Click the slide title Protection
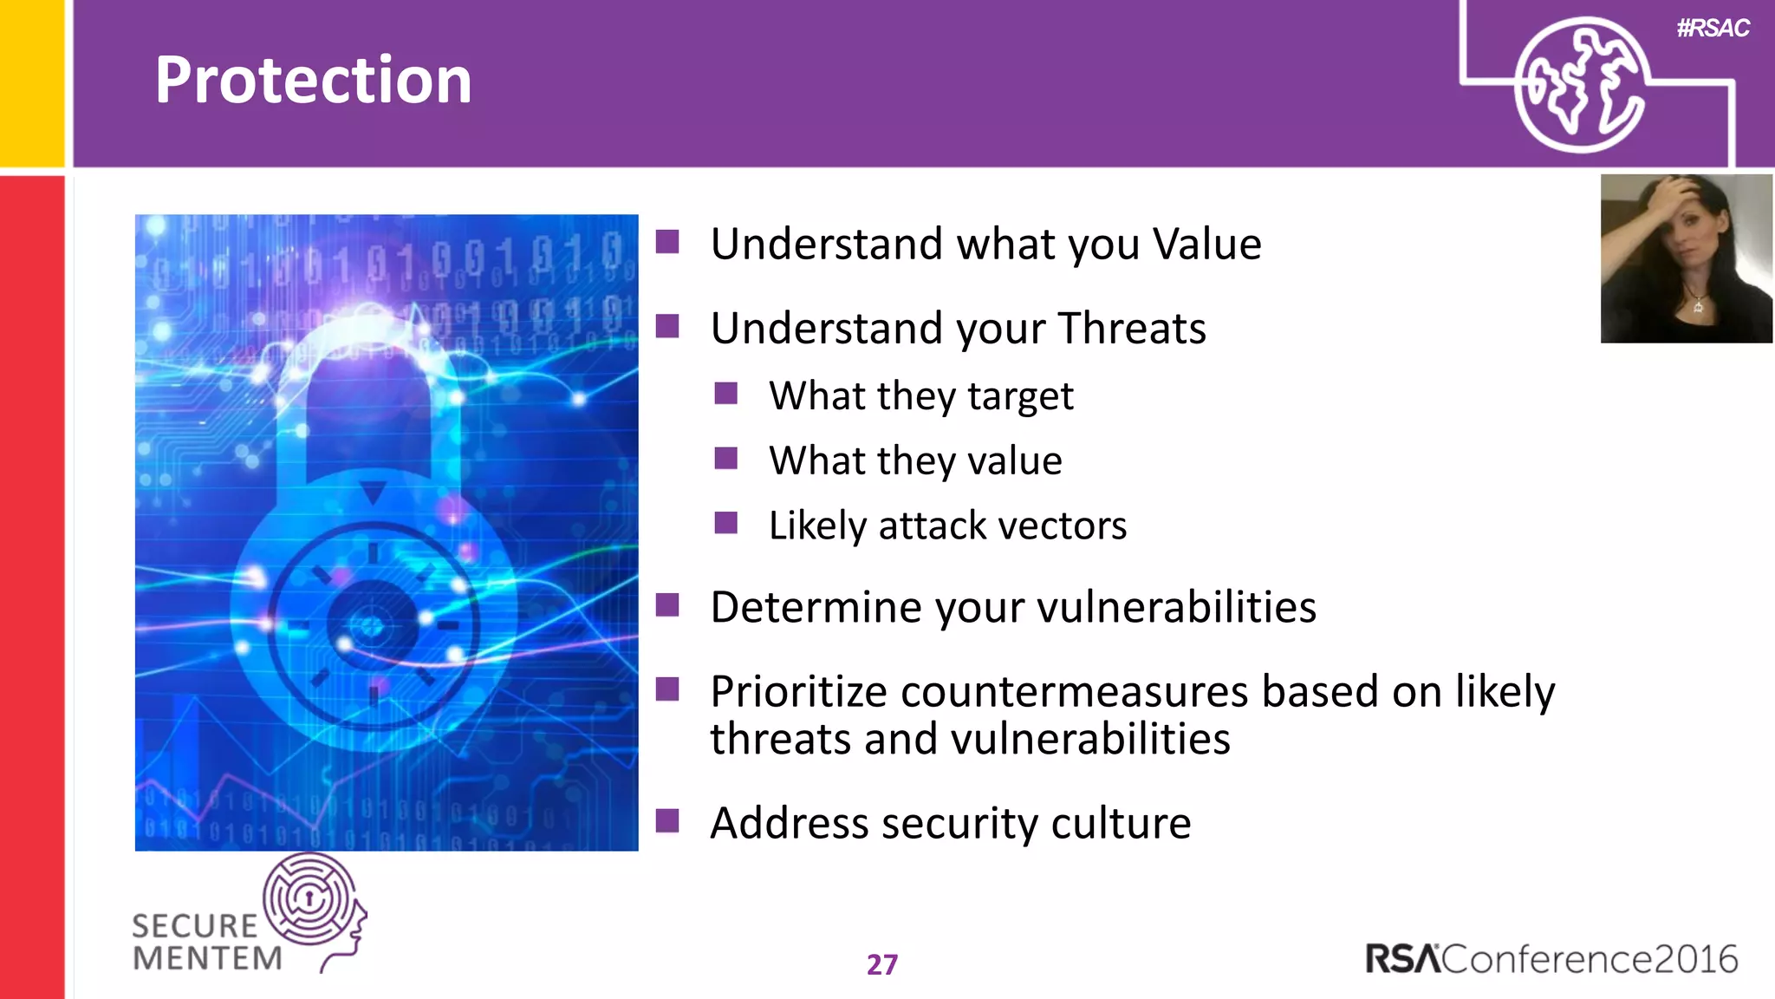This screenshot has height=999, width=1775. tap(313, 80)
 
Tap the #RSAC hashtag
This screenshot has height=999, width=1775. tap(1713, 29)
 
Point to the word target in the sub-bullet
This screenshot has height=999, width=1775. tap(1020, 397)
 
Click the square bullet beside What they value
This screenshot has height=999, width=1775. tap(726, 458)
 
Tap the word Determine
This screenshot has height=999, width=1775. tap(816, 607)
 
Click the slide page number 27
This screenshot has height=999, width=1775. tap(881, 964)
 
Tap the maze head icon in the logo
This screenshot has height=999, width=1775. tap(311, 899)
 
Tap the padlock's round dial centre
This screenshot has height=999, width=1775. tap(373, 624)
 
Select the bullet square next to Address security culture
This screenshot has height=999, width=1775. tap(667, 820)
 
